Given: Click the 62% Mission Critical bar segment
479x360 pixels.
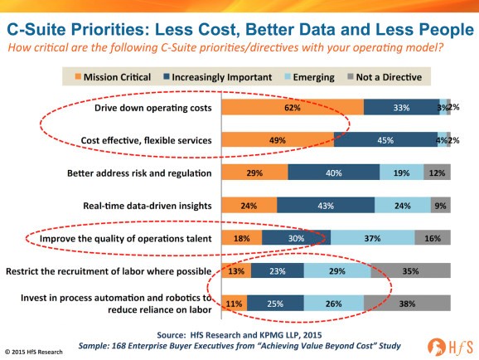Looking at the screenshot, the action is (x=293, y=107).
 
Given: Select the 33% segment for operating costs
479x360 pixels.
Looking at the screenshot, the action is (x=402, y=107).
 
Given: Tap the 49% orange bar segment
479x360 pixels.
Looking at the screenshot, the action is (x=278, y=140).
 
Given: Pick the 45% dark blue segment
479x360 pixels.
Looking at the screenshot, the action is (x=385, y=140).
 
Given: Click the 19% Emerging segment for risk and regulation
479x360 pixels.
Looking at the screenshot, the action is (x=401, y=173).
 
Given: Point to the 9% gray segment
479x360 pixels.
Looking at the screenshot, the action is (x=441, y=205).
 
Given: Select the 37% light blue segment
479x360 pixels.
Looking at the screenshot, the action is (x=372, y=238).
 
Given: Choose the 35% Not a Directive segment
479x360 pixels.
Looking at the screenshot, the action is (x=410, y=270).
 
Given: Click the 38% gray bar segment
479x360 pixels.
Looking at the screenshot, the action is (x=407, y=303).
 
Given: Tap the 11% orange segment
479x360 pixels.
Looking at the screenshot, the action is (x=235, y=303).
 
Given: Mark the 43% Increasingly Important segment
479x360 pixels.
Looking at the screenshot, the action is (x=326, y=205).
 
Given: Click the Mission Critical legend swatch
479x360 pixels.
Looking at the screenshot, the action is (x=78, y=76).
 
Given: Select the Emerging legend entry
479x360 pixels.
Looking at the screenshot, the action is (x=309, y=77).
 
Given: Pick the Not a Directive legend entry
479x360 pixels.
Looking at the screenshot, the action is (x=385, y=77).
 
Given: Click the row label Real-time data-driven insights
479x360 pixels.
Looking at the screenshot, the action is (x=148, y=206).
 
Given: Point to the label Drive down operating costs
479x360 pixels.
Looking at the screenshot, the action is (x=153, y=108).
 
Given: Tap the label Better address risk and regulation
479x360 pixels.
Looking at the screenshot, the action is (x=139, y=173).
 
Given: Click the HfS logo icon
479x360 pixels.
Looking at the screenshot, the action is (x=437, y=347).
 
